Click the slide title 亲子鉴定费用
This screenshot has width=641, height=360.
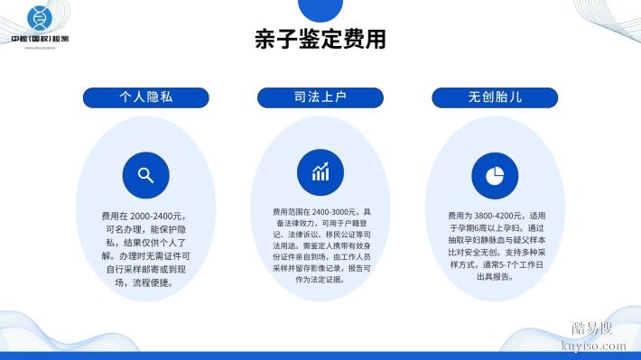coord(320,39)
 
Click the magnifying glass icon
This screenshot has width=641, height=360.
coord(144,175)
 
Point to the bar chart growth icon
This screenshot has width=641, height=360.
coord(320,172)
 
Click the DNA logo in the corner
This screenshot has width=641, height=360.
coord(38,18)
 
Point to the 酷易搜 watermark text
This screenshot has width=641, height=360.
coord(592,328)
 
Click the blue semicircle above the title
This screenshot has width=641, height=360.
coord(320,7)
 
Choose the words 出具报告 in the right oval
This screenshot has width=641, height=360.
coord(491,277)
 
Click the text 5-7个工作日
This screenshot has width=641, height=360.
coord(523,265)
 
